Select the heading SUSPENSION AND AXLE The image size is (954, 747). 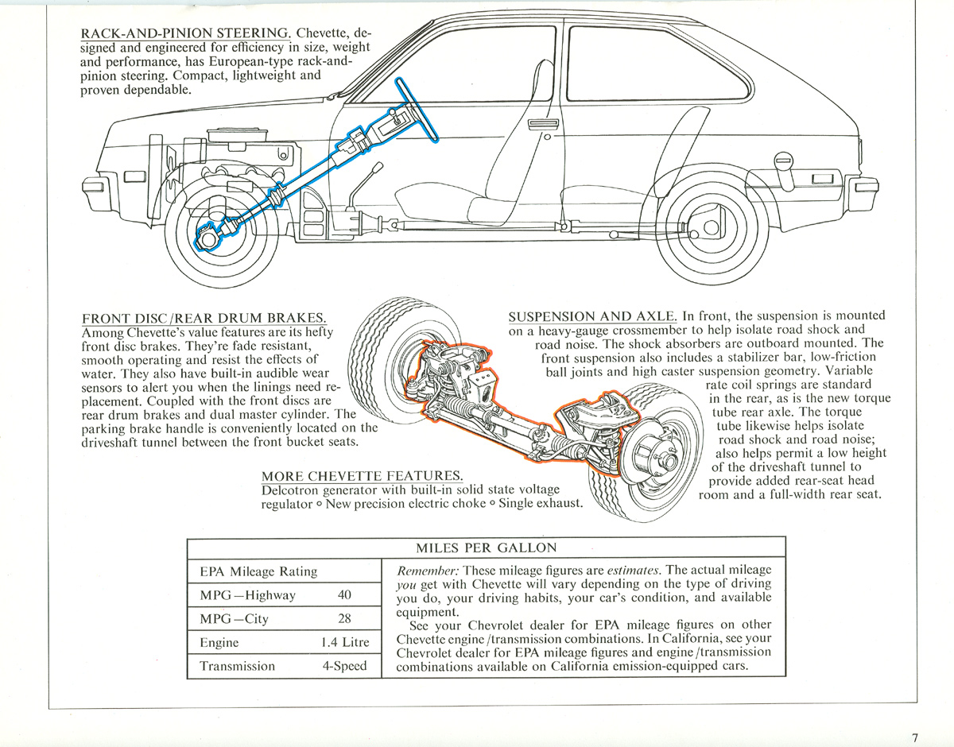pos(592,315)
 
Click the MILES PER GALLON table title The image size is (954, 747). pos(486,548)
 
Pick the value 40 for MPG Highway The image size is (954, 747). pos(344,594)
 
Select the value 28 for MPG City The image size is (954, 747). pos(344,618)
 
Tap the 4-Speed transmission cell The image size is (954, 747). pos(344,665)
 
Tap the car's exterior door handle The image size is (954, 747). pos(543,125)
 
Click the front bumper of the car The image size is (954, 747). pos(99,192)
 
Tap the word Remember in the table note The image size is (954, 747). pos(428,571)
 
